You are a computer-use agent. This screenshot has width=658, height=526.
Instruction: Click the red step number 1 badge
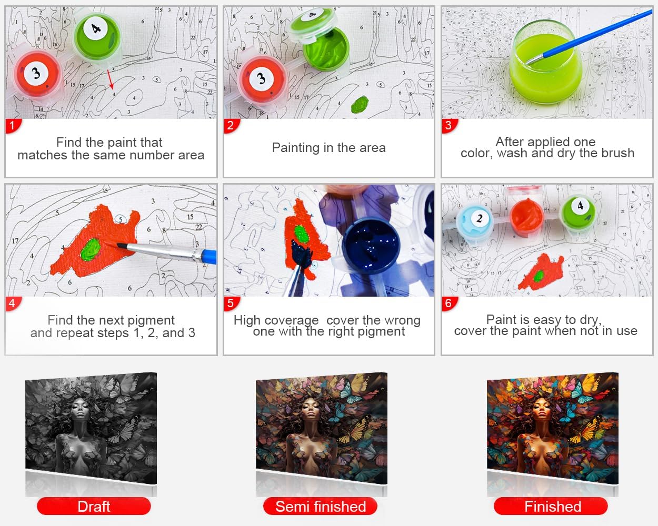[x=13, y=126]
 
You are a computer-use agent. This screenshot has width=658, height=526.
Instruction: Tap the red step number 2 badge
[x=231, y=126]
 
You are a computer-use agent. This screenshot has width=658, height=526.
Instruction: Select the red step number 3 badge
[x=449, y=126]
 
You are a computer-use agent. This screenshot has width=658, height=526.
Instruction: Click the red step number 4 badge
[x=13, y=304]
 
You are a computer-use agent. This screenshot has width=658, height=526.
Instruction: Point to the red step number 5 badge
[x=231, y=304]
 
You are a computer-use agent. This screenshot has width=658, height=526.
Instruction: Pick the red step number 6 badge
[x=449, y=304]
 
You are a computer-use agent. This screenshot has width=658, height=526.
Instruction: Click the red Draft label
[x=94, y=506]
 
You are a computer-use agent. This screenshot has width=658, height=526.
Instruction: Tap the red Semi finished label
[x=321, y=506]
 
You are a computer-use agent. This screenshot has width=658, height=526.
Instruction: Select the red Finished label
[x=551, y=506]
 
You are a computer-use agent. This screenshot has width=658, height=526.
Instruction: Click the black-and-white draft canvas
[x=91, y=428]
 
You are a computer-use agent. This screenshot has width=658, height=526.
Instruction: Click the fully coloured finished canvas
[x=553, y=428]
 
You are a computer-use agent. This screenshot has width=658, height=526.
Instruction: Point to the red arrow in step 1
[x=111, y=79]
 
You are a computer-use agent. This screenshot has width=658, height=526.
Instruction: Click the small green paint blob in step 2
[x=360, y=104]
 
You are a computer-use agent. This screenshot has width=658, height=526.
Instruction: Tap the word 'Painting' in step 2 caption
[x=292, y=148]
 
